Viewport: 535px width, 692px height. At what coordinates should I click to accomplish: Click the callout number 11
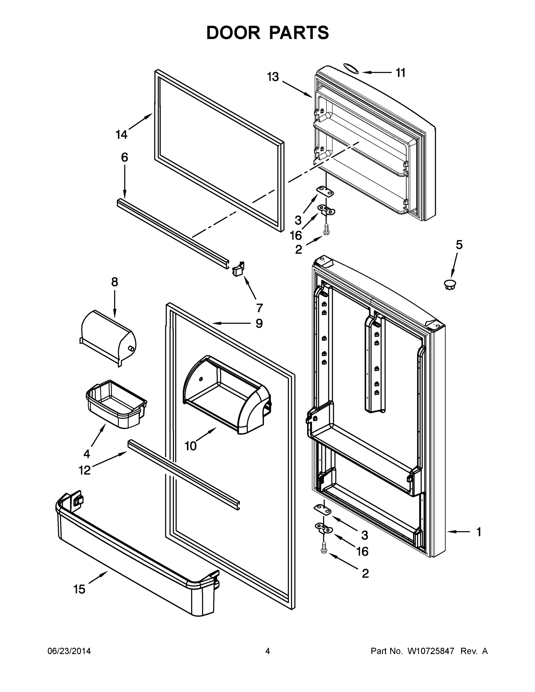[401, 73]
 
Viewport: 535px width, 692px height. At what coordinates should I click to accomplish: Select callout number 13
[273, 77]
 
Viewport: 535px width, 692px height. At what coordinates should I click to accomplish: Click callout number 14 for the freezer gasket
[121, 135]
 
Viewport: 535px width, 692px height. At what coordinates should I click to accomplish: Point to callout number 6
[125, 157]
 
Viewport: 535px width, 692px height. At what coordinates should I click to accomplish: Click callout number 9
[259, 324]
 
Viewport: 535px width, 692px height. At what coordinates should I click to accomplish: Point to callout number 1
[479, 532]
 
